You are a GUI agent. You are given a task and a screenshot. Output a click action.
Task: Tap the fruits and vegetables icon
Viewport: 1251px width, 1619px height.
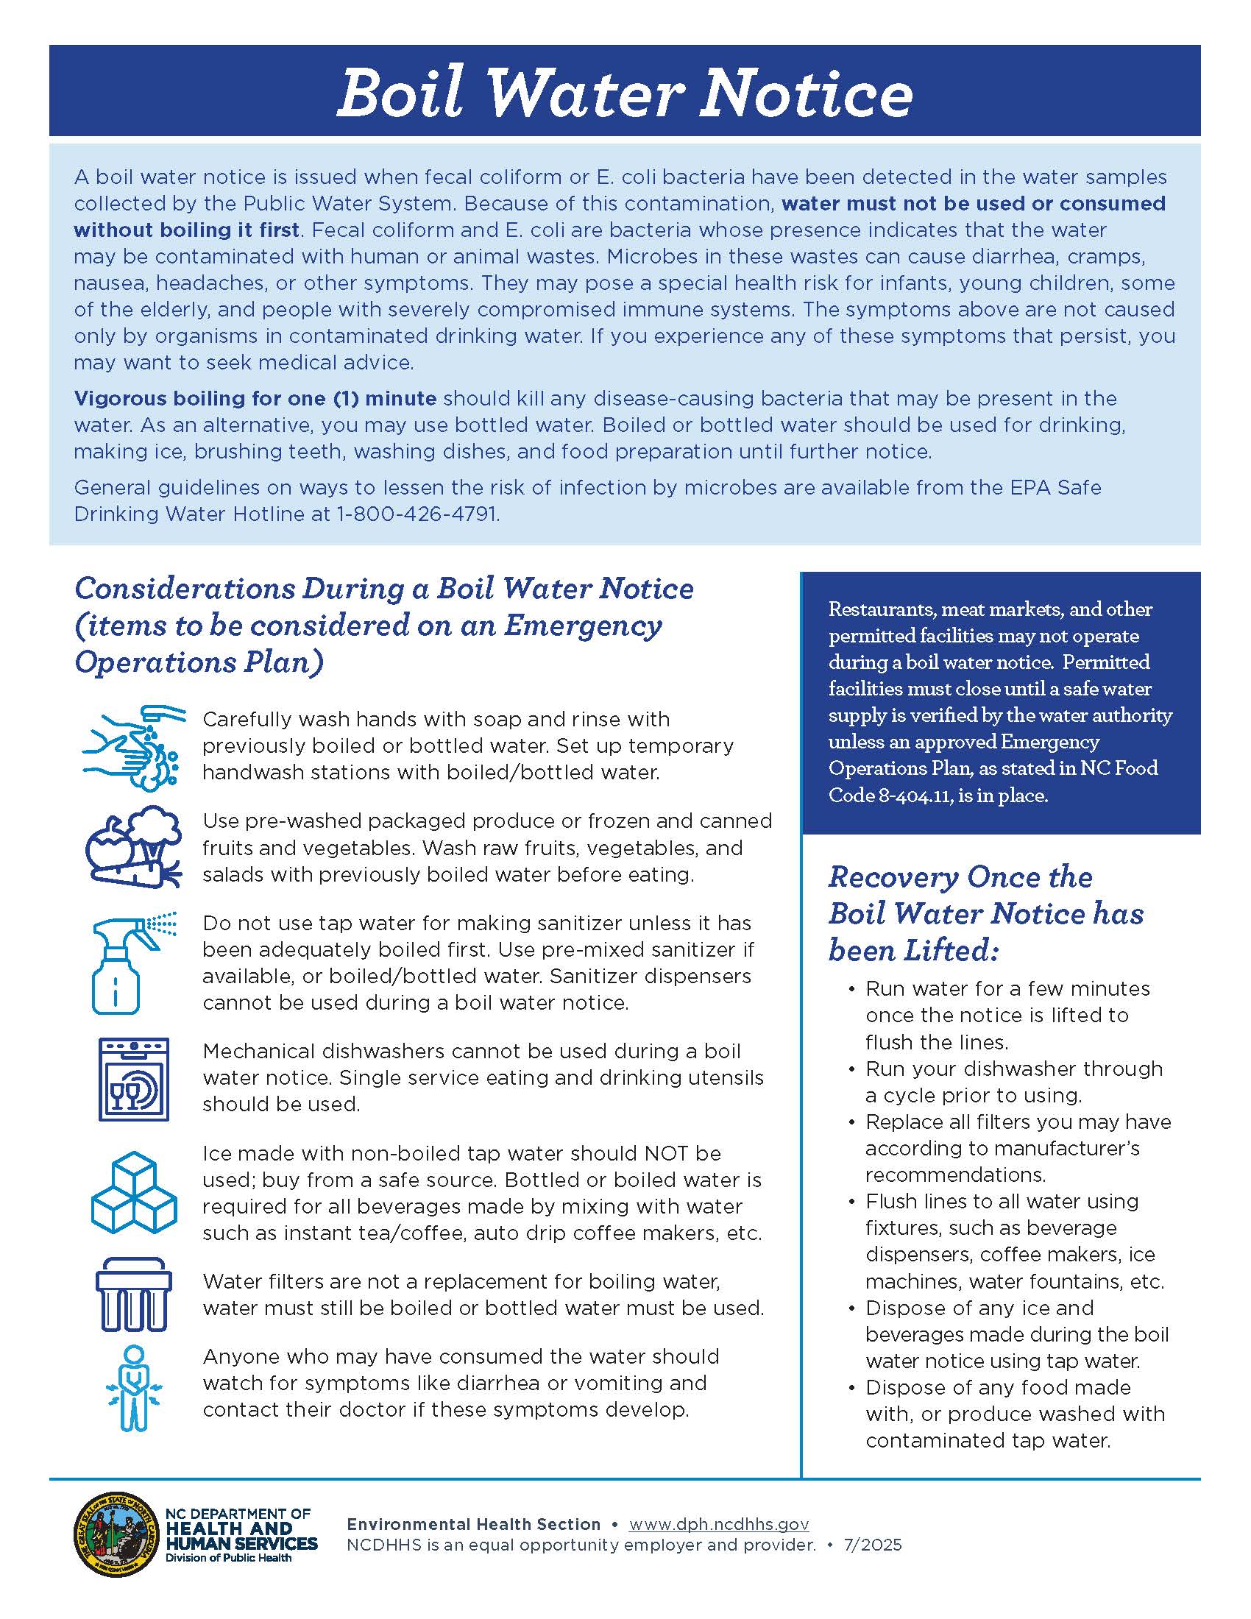tap(133, 846)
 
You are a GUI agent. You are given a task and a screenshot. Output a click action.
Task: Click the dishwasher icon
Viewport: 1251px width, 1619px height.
tap(133, 1079)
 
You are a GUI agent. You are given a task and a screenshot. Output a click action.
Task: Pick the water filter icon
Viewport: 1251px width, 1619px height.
tap(133, 1294)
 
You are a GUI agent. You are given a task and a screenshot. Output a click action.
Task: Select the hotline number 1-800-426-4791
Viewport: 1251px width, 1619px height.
tap(417, 514)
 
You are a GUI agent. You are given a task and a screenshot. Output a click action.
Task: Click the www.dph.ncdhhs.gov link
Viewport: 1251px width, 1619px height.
tap(718, 1524)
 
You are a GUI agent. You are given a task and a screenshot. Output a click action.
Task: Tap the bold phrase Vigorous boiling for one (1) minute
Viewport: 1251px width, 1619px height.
tap(255, 398)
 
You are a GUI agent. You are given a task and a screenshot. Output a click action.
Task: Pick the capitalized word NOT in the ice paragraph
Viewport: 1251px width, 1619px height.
tap(667, 1153)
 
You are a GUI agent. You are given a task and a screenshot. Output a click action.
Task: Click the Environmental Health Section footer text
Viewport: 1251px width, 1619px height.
tap(474, 1524)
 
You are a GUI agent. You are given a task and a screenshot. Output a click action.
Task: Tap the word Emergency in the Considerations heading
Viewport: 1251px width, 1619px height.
tap(583, 625)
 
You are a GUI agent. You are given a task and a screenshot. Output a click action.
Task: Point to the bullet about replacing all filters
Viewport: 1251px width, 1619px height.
tap(1017, 1147)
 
